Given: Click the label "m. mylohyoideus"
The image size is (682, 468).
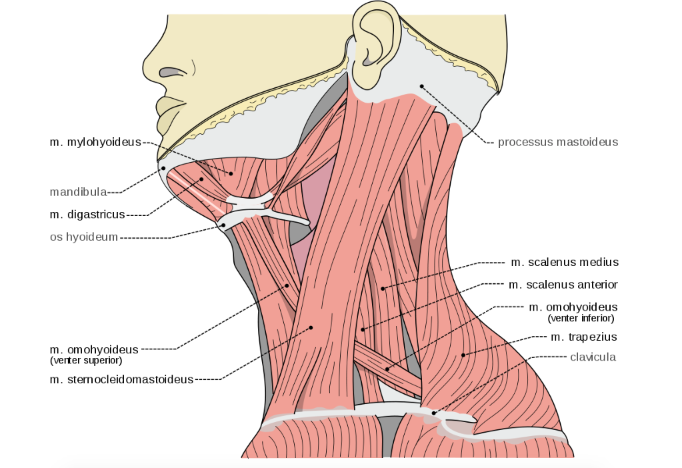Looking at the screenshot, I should point(95,142).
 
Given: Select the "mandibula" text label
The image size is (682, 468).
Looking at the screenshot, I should point(78,192).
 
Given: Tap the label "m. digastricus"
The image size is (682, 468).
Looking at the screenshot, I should point(87,215).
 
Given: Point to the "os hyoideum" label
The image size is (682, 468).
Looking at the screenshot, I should point(84,237).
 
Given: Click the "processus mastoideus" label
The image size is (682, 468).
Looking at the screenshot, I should point(558,142).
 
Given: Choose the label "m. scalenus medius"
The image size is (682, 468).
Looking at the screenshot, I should point(565,262).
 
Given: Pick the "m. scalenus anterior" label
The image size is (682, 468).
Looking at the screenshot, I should point(563,285).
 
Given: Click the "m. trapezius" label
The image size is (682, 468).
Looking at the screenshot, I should point(583,337).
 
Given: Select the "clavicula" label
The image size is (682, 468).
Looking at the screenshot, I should point(593,357).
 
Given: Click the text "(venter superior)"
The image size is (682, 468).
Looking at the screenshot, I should point(86,361).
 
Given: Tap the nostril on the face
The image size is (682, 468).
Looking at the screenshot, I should point(172,72).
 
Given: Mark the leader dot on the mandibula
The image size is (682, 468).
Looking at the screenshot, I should point(163,168).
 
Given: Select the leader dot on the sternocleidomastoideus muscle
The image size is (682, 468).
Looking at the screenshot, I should point(311,327).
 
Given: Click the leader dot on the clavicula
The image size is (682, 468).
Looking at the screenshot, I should point(434,413).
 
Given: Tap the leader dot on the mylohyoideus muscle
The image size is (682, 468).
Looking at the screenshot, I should point(231,174).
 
